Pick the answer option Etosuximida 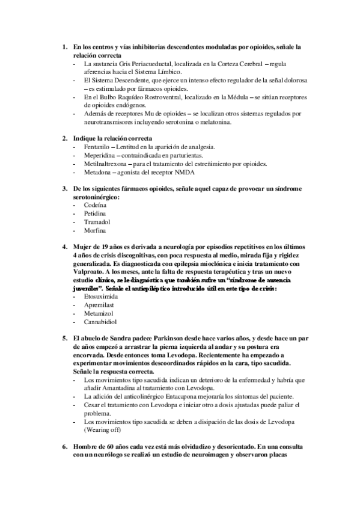point(100,296)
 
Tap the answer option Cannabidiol point(101,322)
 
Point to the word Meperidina point(100,155)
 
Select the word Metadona point(99,171)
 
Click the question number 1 point(65,46)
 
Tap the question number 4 point(65,247)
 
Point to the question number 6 point(65,447)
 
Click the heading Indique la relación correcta point(112,138)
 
